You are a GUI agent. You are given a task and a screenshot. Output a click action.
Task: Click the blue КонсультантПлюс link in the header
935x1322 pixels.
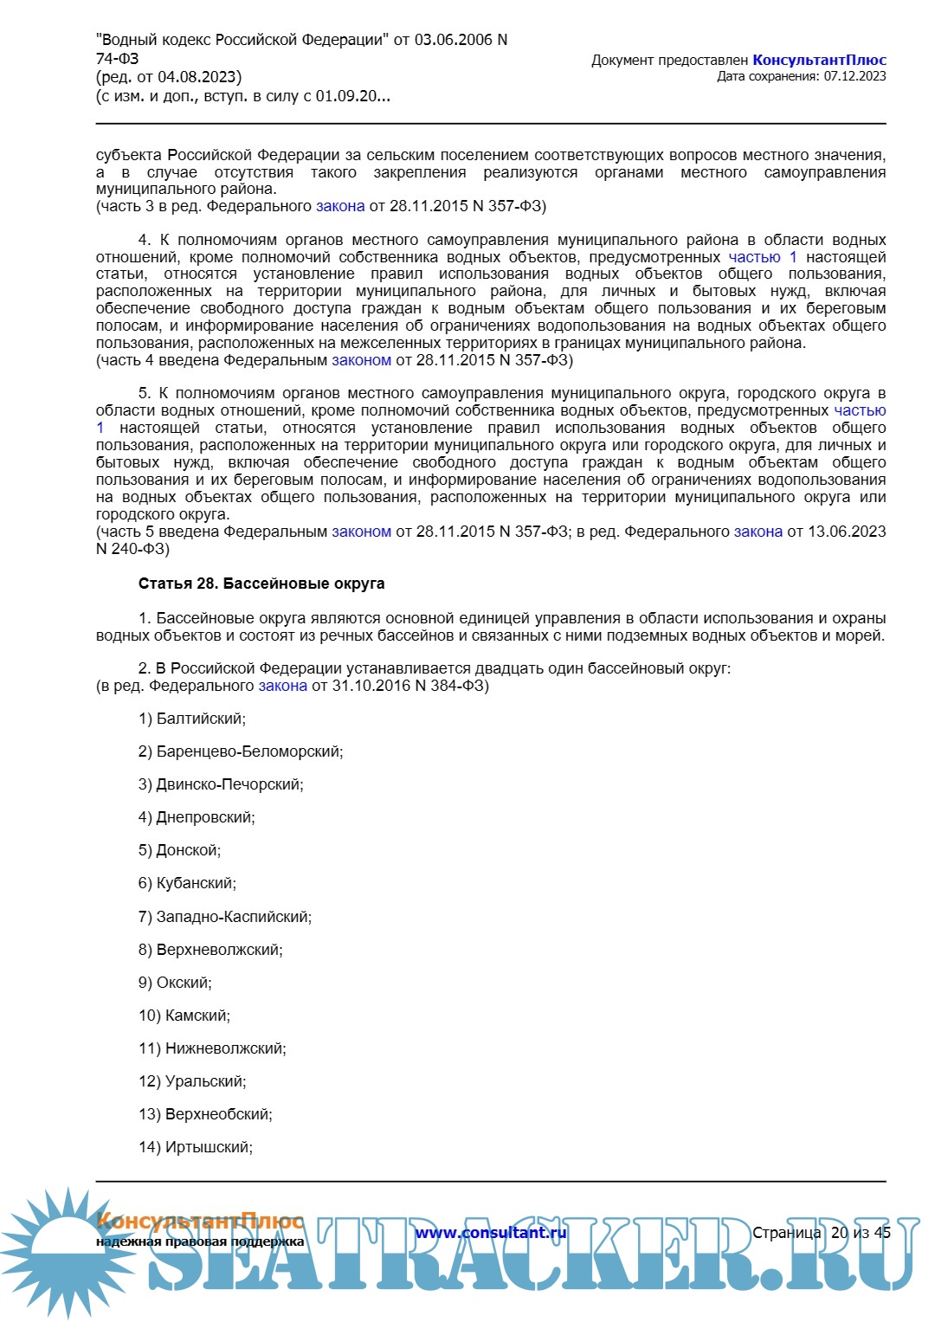point(819,60)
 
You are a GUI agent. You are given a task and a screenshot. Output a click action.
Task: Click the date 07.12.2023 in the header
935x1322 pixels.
point(854,76)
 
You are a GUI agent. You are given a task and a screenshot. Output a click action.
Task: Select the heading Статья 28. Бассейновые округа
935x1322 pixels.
point(261,584)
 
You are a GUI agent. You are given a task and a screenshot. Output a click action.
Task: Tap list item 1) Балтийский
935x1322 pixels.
point(192,719)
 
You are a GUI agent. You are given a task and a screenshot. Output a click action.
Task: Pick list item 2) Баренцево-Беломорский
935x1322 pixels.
point(241,751)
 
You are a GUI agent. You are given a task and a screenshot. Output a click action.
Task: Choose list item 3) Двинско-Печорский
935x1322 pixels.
point(221,784)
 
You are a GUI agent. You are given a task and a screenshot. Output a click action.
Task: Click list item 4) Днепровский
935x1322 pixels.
point(197,817)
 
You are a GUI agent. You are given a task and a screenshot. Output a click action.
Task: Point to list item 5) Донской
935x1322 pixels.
point(179,850)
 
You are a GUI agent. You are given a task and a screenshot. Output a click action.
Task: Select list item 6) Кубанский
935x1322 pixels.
point(187,883)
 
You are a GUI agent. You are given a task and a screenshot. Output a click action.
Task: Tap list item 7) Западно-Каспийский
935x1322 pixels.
point(225,917)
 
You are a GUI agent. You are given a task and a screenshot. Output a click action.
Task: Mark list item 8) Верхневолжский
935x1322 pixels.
point(210,950)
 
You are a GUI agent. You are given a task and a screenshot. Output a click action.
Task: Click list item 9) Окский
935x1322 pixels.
point(175,983)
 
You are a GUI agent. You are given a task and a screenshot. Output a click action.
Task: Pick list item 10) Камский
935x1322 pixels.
point(184,1016)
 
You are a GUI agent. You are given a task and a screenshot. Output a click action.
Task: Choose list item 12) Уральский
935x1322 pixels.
point(192,1081)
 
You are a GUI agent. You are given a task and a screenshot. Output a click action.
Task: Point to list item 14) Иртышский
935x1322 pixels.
point(196,1147)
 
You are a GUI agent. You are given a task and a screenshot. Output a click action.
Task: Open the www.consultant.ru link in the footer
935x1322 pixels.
point(490,1233)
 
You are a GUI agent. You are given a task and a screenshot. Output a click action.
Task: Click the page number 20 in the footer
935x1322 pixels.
point(839,1233)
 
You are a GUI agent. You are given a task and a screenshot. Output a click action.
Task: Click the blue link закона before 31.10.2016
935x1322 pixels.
point(282,686)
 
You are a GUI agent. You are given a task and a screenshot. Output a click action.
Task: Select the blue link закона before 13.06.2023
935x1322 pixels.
point(758,532)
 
